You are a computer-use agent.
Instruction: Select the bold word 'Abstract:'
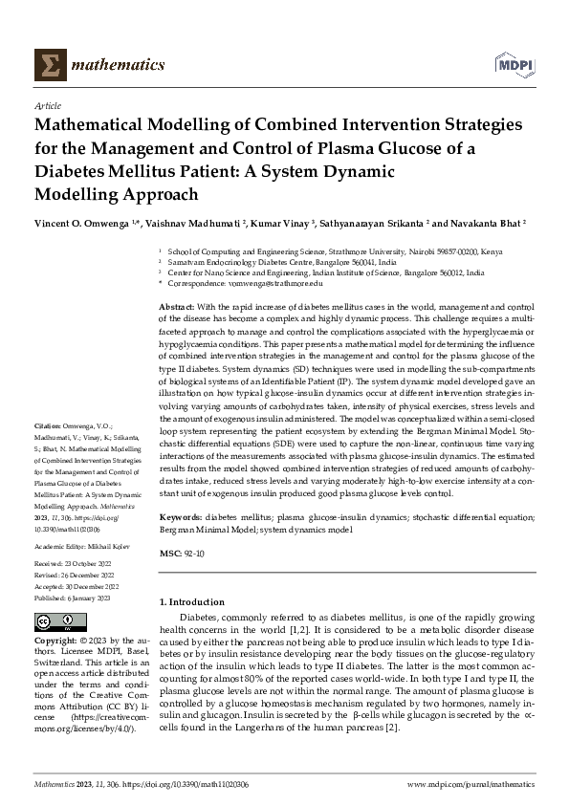click(178, 305)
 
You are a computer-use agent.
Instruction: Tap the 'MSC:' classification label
click(170, 554)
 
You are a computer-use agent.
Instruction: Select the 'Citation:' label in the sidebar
click(47, 448)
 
